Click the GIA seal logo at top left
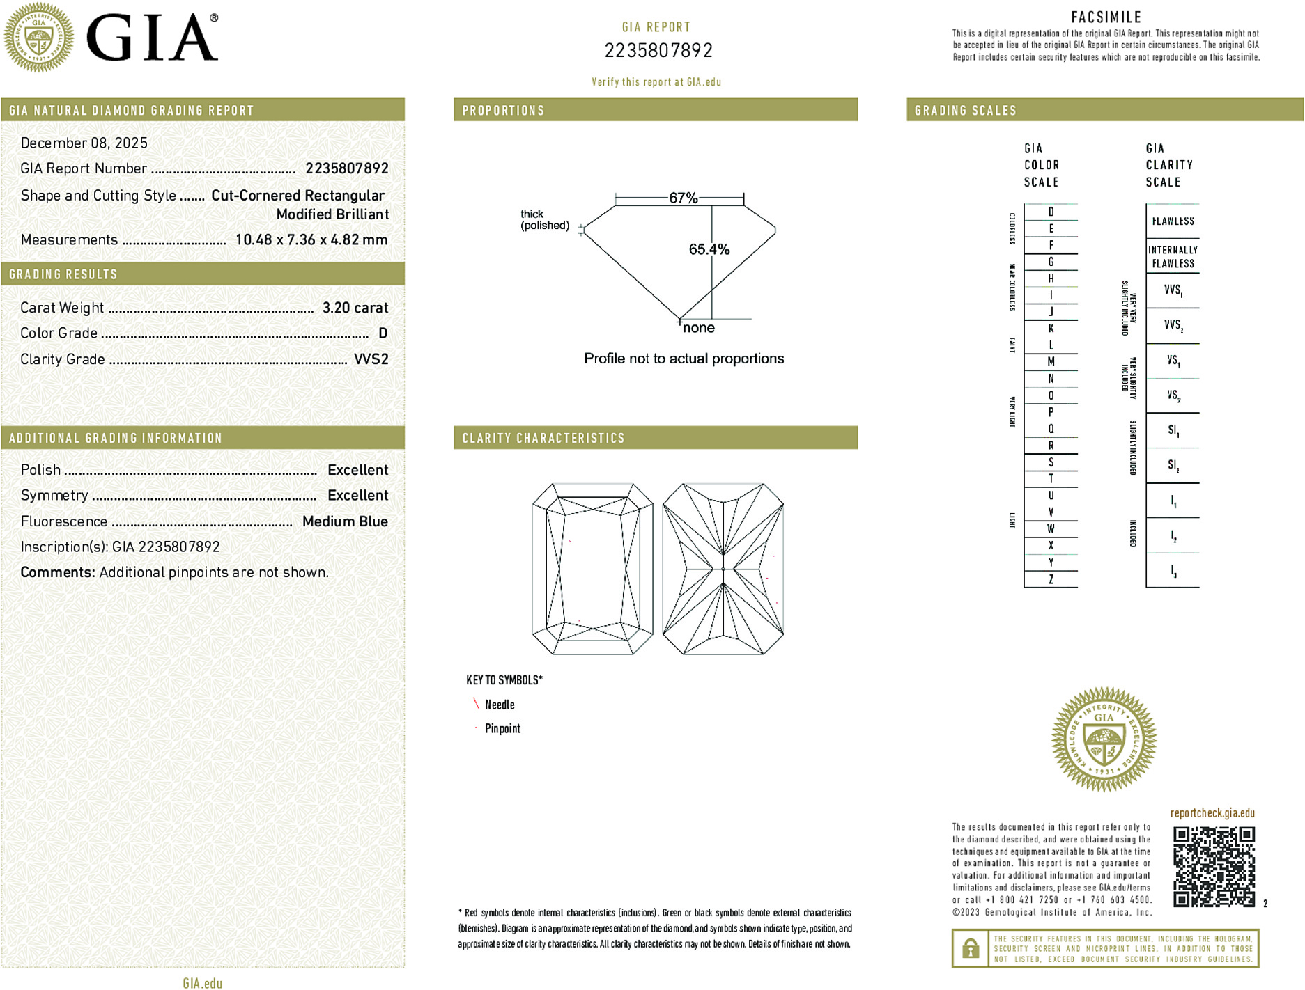pos(39,38)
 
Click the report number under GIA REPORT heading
pos(658,51)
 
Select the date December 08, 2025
pos(84,143)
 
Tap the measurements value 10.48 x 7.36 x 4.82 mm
pos(311,240)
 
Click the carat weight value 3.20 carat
pos(355,308)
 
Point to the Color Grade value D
pos(383,333)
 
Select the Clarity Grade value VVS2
pos(371,359)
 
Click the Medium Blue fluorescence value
pos(345,521)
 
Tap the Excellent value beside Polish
pos(357,470)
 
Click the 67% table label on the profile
pos(683,198)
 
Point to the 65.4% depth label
pos(709,249)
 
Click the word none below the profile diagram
pos(698,328)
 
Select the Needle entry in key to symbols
pos(500,705)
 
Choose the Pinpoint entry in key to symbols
pos(502,728)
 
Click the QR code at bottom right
pos(1214,867)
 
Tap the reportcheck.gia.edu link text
pos(1212,813)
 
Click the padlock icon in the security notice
pos(970,948)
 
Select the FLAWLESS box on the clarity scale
pos(1173,221)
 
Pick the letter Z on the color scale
pos(1051,579)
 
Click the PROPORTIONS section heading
pos(503,111)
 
